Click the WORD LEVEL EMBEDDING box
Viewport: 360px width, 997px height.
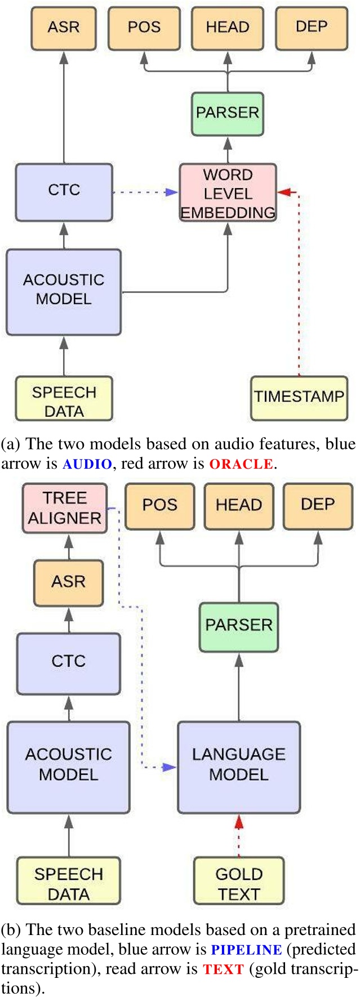click(x=228, y=193)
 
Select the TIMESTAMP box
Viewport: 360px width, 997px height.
click(x=299, y=398)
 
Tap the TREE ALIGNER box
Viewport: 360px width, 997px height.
click(x=64, y=508)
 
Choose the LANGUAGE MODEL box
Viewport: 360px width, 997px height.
click(x=239, y=767)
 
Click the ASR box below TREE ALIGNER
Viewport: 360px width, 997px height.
click(x=68, y=582)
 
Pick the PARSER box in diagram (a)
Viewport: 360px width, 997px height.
click(x=228, y=113)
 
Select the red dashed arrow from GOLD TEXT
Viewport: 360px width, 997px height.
click(x=239, y=836)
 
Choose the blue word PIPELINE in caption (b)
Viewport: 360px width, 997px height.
click(x=246, y=950)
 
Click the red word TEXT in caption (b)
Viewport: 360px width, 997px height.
click(x=223, y=969)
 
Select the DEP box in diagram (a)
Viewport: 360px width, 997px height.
click(x=311, y=28)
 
